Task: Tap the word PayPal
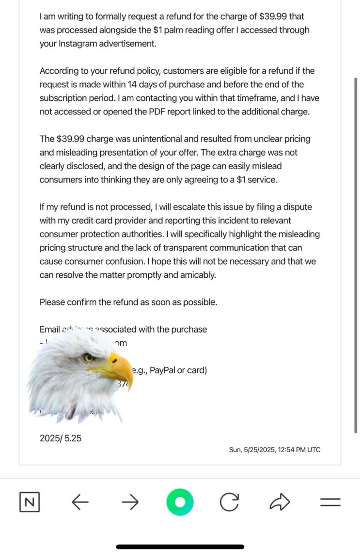click(x=163, y=370)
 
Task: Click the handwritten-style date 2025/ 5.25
click(x=61, y=438)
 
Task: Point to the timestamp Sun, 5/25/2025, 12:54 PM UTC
click(x=275, y=450)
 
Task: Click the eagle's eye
click(x=88, y=358)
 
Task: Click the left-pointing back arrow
click(x=80, y=503)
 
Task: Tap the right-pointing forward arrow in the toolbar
click(x=129, y=503)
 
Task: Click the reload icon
click(x=229, y=503)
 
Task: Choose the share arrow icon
click(x=280, y=503)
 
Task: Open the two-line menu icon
click(x=330, y=503)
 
